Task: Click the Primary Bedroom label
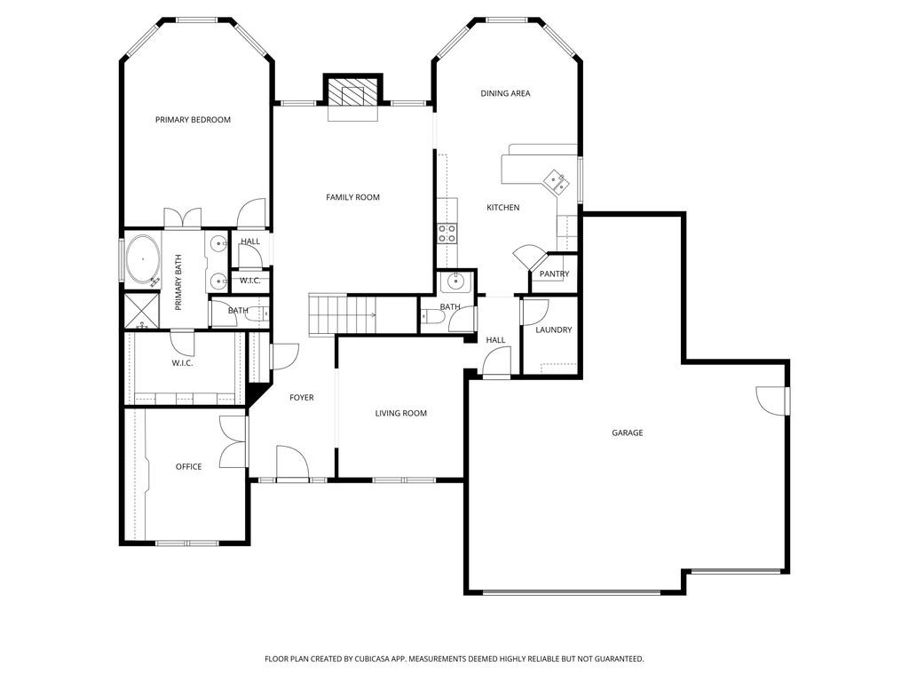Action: coord(193,120)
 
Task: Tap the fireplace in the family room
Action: coord(353,92)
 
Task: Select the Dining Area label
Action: coord(505,93)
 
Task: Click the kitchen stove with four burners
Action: coord(447,234)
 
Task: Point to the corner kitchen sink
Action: coord(557,181)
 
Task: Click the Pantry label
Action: coord(554,274)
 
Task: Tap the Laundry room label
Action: coord(554,330)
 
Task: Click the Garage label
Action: coord(627,433)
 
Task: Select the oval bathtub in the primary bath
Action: coord(143,258)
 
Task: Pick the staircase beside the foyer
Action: coord(343,313)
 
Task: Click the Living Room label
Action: coord(400,413)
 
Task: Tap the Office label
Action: coord(188,467)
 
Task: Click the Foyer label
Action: coord(301,398)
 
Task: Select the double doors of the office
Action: coord(233,441)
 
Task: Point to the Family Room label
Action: coord(352,197)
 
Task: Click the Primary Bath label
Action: coord(178,282)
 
